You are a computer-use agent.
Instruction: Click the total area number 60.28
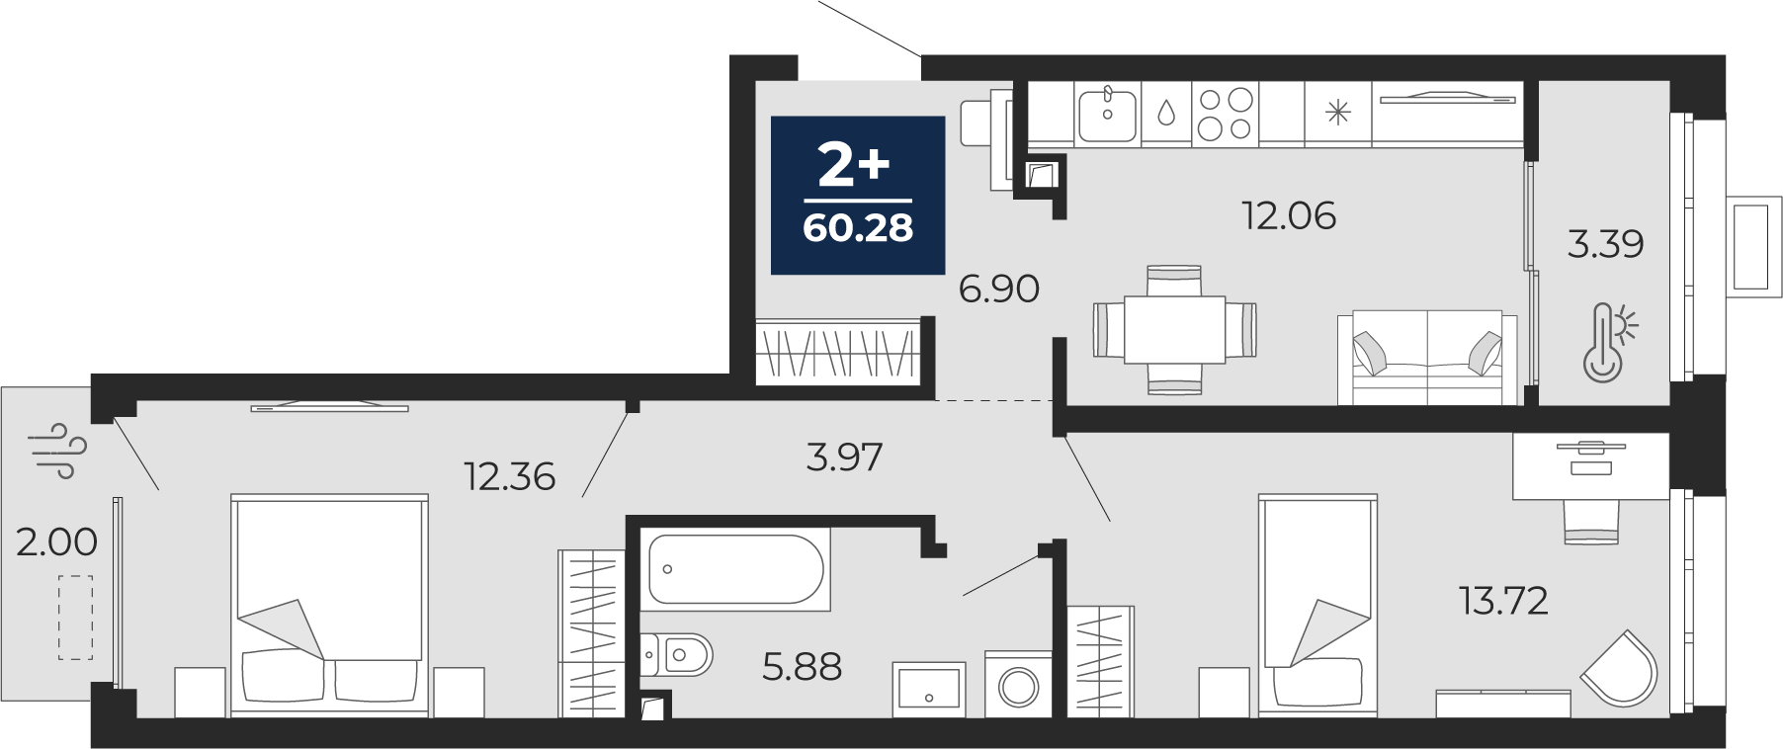point(858,228)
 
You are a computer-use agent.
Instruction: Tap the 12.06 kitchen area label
point(1289,214)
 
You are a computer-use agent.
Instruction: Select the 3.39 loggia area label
point(1605,243)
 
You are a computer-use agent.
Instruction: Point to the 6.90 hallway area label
point(999,289)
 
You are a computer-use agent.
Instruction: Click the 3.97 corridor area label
point(844,457)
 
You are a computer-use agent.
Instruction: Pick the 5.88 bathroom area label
point(802,667)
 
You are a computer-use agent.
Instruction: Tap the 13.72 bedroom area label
point(1503,600)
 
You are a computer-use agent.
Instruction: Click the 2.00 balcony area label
point(56,541)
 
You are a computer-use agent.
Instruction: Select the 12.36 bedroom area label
point(510,476)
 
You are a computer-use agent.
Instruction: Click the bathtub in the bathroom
point(735,569)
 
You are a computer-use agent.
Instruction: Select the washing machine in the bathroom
point(1019,684)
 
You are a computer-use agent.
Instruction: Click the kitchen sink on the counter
point(1107,115)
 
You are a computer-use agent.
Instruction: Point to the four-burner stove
point(1225,114)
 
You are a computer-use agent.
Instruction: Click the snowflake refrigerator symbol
point(1337,113)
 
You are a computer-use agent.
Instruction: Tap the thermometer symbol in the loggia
point(1608,342)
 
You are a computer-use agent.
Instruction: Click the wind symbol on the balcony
point(60,451)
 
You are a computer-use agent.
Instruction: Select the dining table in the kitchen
point(1175,330)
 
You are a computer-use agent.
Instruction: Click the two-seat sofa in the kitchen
point(1427,358)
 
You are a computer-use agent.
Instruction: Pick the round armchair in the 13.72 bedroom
point(1618,669)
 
